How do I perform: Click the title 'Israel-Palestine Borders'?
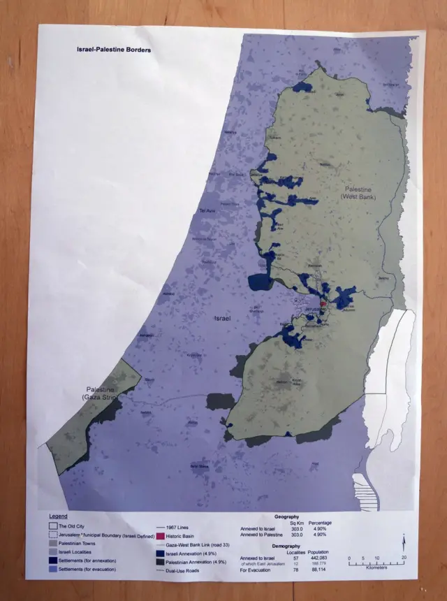pyautogui.click(x=114, y=50)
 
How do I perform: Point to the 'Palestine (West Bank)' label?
pyautogui.click(x=358, y=194)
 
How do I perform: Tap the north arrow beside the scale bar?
pyautogui.click(x=404, y=542)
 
